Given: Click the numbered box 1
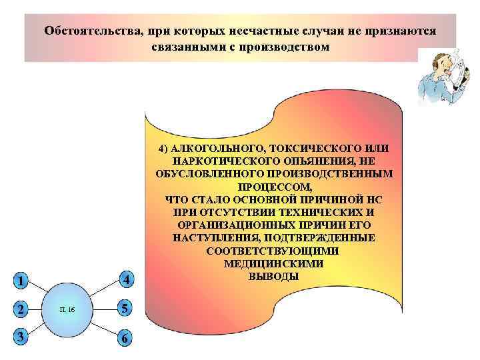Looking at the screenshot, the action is click(x=22, y=281).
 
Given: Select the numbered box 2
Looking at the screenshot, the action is click(x=22, y=309).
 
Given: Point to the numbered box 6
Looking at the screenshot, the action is click(x=125, y=339).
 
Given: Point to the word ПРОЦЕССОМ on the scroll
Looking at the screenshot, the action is click(x=273, y=187).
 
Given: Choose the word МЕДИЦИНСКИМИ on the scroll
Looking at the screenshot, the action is click(x=273, y=263).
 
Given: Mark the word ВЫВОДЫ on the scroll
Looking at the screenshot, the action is click(x=273, y=276).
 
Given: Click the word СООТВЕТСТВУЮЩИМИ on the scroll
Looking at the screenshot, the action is click(x=273, y=251).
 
